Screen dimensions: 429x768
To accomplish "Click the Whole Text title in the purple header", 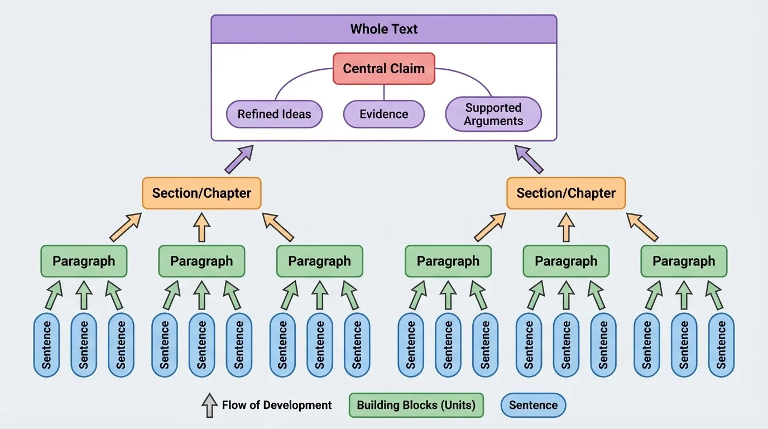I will point(383,29).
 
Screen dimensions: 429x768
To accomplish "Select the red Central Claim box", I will point(383,69).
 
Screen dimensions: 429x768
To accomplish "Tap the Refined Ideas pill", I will point(275,114).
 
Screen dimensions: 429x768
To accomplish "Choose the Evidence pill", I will point(383,114).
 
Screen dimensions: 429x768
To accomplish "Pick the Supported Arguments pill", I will point(493,114).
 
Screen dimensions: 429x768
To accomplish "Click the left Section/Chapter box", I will point(201,193).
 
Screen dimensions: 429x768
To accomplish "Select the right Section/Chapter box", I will point(566,193).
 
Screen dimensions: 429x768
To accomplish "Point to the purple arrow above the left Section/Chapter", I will point(239,159).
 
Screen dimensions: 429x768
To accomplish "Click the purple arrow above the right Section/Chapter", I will point(529,159).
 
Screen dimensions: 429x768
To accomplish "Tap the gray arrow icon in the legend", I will point(209,405).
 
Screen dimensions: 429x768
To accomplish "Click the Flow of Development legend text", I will point(277,405).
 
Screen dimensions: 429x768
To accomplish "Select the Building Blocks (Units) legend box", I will point(416,405).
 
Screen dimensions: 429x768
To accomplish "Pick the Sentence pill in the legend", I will point(533,405).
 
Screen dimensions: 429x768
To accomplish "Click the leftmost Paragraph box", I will point(84,261).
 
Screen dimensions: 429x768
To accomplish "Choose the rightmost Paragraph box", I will point(684,261).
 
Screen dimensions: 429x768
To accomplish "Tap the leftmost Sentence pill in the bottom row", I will point(46,345).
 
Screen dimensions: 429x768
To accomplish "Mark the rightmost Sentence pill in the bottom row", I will point(721,345).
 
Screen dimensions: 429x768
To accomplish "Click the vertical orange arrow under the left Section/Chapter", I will point(201,228).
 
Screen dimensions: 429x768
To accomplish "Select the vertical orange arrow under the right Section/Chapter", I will point(566,228).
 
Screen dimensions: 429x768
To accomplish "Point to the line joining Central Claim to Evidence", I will point(384,92).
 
